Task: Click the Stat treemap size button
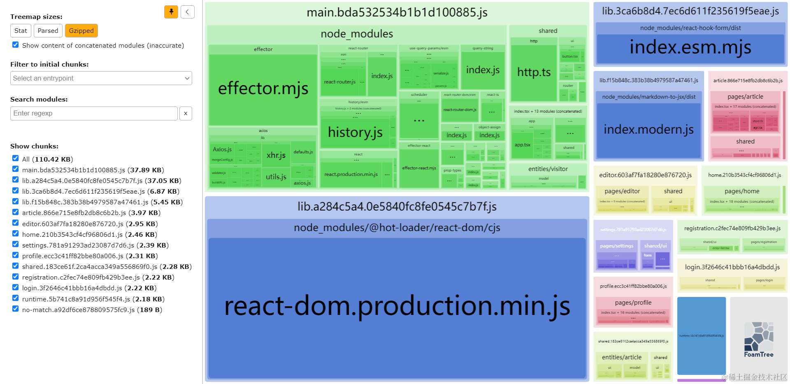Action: (x=21, y=31)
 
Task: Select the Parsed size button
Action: (x=48, y=31)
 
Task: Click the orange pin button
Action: (x=171, y=12)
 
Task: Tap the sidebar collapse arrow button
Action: (x=188, y=12)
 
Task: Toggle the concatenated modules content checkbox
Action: (x=16, y=45)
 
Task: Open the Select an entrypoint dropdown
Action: (x=101, y=78)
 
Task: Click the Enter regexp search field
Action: (x=94, y=113)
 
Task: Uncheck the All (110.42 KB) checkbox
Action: (x=16, y=158)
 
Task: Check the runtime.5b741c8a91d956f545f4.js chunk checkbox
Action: (x=16, y=298)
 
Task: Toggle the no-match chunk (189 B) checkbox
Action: (x=16, y=309)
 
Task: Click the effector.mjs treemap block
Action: (x=263, y=89)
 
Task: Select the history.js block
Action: (x=355, y=132)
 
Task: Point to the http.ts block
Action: (x=534, y=72)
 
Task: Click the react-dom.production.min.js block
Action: (x=397, y=306)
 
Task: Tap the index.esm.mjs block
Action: (x=690, y=48)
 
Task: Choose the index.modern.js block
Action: (x=648, y=130)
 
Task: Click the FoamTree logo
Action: (x=758, y=340)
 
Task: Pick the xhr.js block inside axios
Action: (x=276, y=155)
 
